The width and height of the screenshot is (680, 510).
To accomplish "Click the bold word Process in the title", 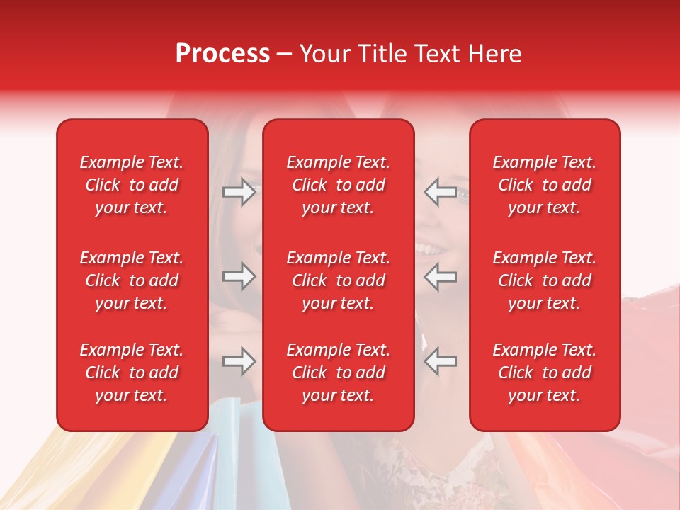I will (x=222, y=54).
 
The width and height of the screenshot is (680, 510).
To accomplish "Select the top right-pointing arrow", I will (x=239, y=192).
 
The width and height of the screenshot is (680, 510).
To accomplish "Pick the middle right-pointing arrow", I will (x=239, y=276).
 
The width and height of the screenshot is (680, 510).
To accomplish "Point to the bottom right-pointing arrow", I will (x=239, y=361).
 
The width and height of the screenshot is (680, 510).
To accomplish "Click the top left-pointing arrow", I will (x=440, y=192).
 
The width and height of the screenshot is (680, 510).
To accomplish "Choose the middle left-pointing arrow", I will (x=440, y=276).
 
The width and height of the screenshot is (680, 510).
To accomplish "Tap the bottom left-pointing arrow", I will (x=440, y=361).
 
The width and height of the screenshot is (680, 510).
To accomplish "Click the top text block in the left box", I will (x=132, y=185).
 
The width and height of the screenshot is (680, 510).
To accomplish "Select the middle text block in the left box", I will (x=132, y=280).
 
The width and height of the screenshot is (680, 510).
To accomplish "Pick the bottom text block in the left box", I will (x=132, y=373).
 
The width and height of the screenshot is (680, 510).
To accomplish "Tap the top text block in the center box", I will (x=338, y=185).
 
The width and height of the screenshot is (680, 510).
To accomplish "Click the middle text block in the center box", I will (x=338, y=280).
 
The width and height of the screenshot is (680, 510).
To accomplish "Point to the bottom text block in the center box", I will (x=338, y=373).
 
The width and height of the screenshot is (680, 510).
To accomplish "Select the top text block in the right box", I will (x=544, y=185).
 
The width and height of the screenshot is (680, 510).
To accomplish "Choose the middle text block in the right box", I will (x=544, y=280).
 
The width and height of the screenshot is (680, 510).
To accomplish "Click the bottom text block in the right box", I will (x=544, y=373).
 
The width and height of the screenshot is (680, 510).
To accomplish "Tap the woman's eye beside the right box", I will (x=463, y=193).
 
